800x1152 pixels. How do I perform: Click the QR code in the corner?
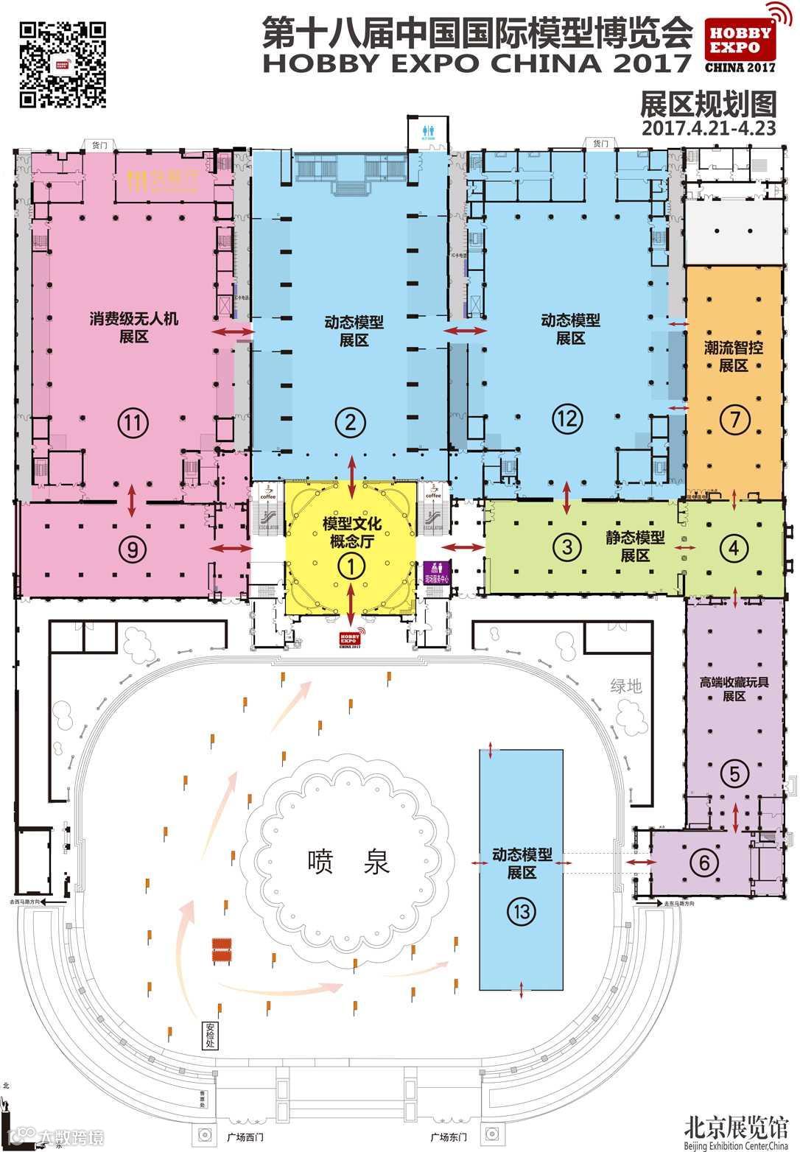coord(63,64)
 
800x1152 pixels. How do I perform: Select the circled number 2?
coord(351,422)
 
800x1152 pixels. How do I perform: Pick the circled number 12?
coord(567,418)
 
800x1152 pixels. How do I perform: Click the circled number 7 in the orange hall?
coord(734,420)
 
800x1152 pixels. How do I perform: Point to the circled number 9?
coord(133,549)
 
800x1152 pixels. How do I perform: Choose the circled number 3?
coord(566,547)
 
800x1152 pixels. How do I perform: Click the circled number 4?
coord(734,547)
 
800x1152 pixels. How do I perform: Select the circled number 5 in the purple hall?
coord(734,773)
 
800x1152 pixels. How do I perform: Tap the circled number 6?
coord(704,862)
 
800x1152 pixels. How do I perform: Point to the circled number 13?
coord(522,912)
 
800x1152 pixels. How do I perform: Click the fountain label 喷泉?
coord(349,861)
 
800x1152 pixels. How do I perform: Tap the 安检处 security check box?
coord(211,1035)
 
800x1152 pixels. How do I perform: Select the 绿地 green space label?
coord(626,686)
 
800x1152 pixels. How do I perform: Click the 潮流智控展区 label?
coord(734,356)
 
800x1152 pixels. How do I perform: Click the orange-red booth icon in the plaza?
coord(222,949)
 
